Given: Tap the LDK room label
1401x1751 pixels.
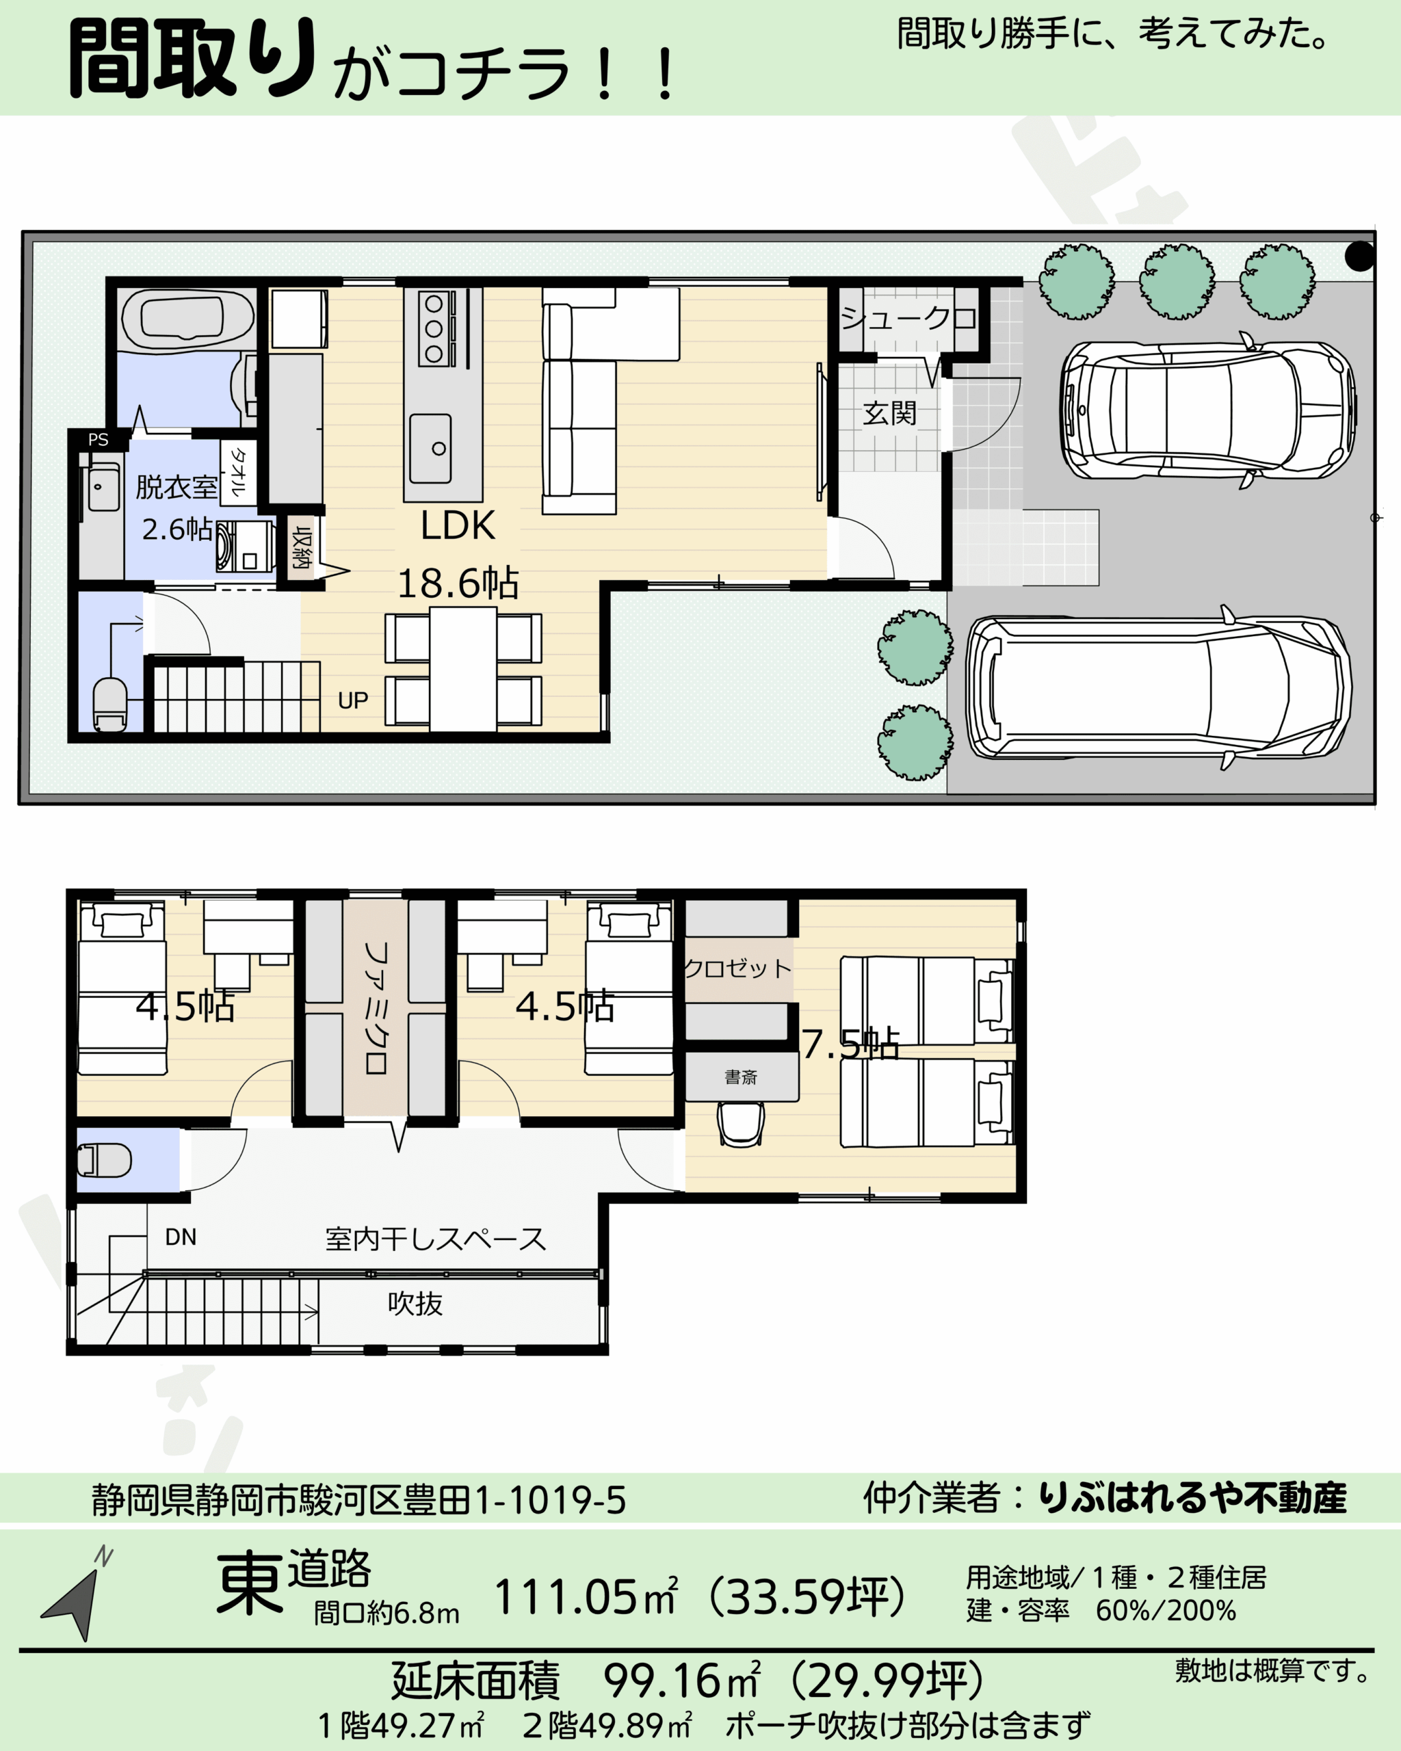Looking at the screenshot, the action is pyautogui.click(x=457, y=525).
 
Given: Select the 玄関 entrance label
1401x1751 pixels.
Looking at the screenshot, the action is pyautogui.click(x=889, y=413).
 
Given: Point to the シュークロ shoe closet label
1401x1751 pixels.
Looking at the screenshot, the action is pyautogui.click(x=908, y=317).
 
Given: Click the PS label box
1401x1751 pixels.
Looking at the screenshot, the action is pyautogui.click(x=99, y=439).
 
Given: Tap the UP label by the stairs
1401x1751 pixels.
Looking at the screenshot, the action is pyautogui.click(x=352, y=700).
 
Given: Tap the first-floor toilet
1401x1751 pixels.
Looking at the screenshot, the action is pyautogui.click(x=109, y=705).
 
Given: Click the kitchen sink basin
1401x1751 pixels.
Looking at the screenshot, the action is pyautogui.click(x=430, y=448).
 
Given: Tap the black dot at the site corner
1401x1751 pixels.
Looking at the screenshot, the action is pyautogui.click(x=1359, y=256).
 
